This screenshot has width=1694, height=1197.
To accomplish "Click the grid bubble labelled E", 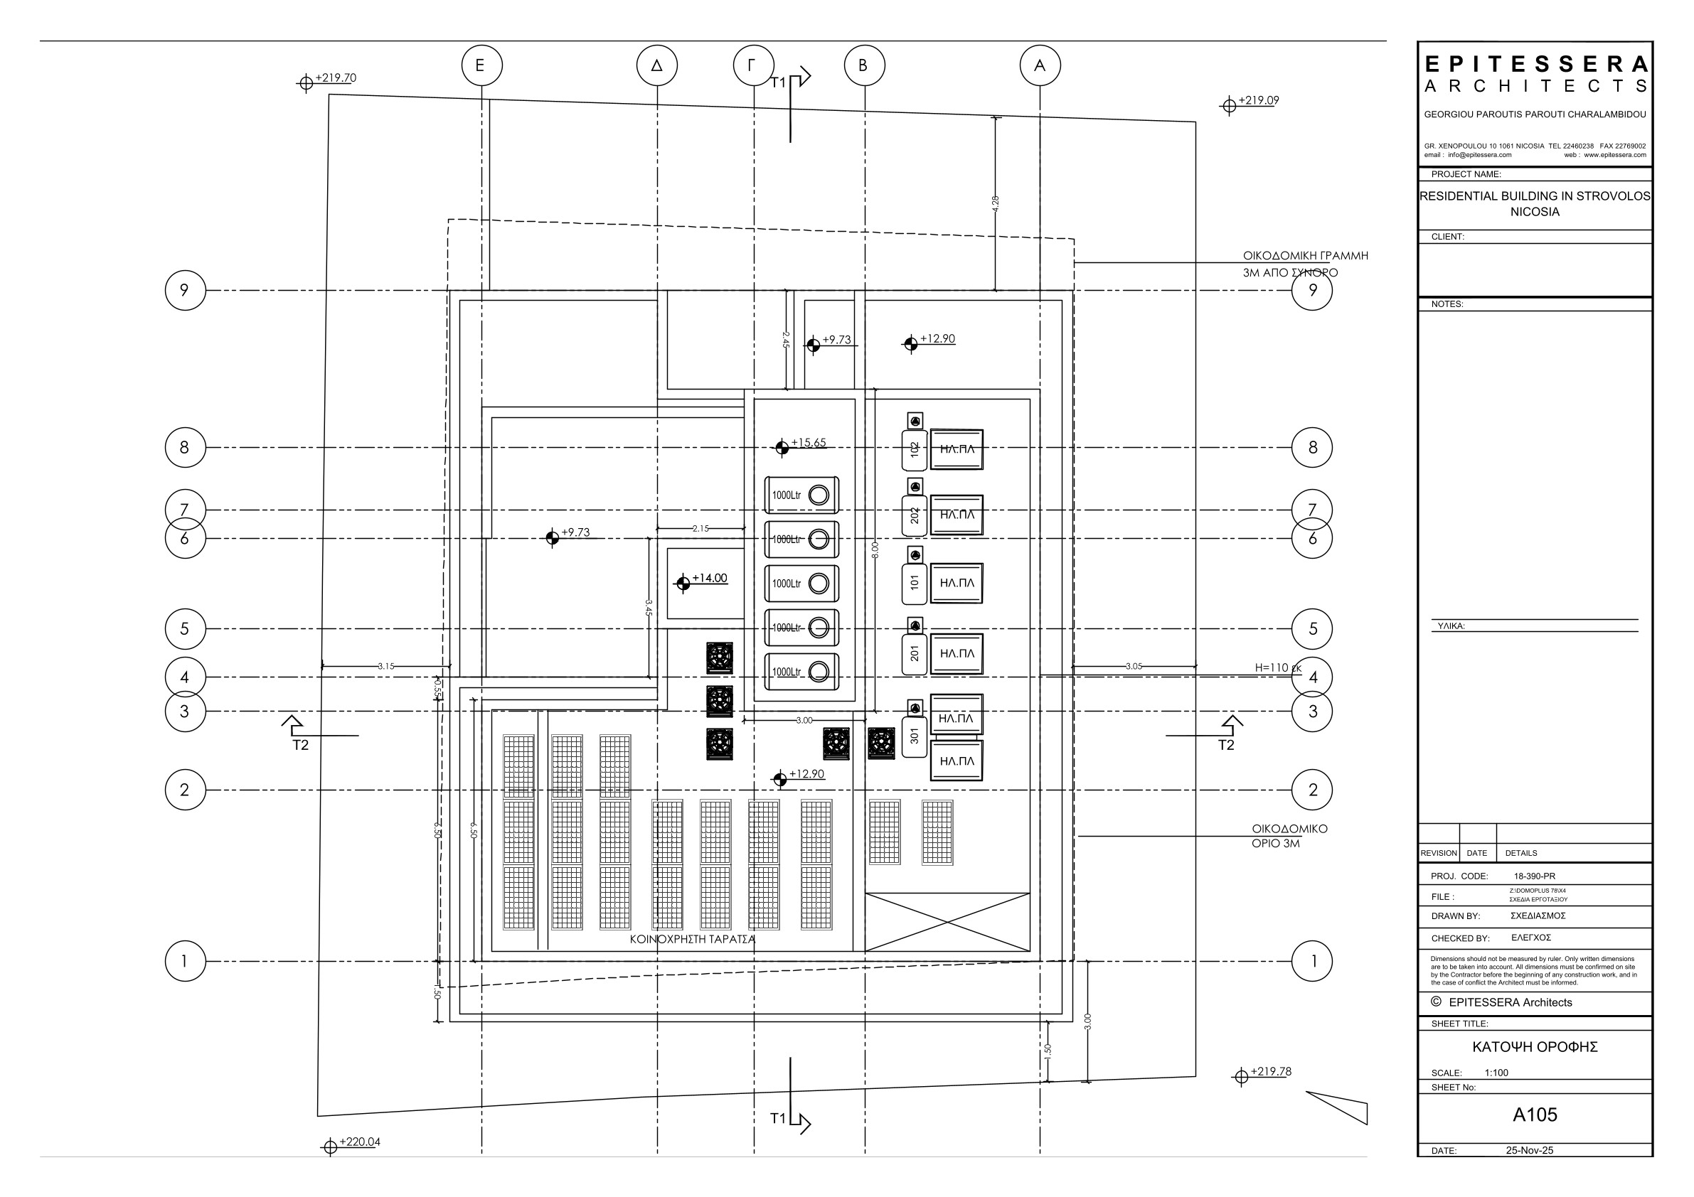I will (x=481, y=65).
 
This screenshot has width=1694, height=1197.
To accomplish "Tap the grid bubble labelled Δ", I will (x=656, y=65).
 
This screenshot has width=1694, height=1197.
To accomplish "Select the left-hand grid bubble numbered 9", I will (x=184, y=290).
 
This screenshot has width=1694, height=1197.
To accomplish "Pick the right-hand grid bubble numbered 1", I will (x=1312, y=961).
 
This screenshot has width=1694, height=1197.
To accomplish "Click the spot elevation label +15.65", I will (x=808, y=443).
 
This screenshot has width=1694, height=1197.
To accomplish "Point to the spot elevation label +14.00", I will (x=709, y=578).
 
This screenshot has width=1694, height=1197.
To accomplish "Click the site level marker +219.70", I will (x=335, y=77).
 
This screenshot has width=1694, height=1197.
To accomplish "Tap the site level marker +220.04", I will (x=359, y=1142).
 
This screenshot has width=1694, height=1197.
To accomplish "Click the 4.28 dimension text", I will (x=996, y=203).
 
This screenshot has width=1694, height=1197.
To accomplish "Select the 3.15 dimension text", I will (x=386, y=666).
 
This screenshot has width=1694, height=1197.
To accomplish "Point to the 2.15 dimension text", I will (x=700, y=528).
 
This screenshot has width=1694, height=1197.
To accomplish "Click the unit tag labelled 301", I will (x=914, y=735).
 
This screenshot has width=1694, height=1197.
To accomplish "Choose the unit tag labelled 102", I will (x=914, y=450).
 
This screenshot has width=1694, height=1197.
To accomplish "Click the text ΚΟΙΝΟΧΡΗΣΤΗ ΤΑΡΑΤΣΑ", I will (x=692, y=939).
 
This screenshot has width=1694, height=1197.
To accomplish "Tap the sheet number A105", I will (x=1535, y=1115).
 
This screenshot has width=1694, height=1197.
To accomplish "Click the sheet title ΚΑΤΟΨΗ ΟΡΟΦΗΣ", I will (x=1535, y=1046).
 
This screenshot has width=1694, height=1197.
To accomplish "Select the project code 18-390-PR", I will (x=1534, y=876).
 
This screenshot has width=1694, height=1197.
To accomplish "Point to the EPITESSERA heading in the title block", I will (x=1535, y=65).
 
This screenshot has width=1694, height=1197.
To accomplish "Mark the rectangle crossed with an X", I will (x=947, y=922).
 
